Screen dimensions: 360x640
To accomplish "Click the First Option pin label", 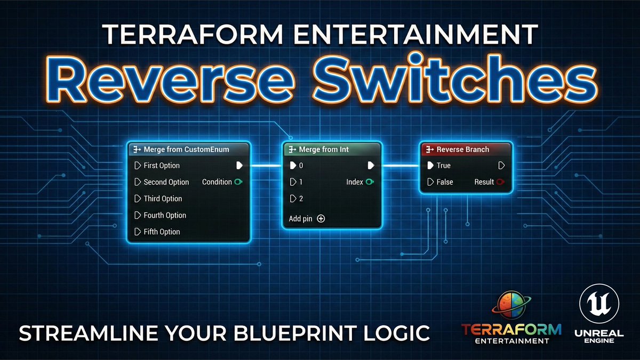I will point(161,165).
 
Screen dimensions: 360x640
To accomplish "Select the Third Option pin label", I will point(163,198).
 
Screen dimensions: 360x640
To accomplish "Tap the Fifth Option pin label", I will point(162,231).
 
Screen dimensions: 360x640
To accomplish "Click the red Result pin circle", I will point(500,182).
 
